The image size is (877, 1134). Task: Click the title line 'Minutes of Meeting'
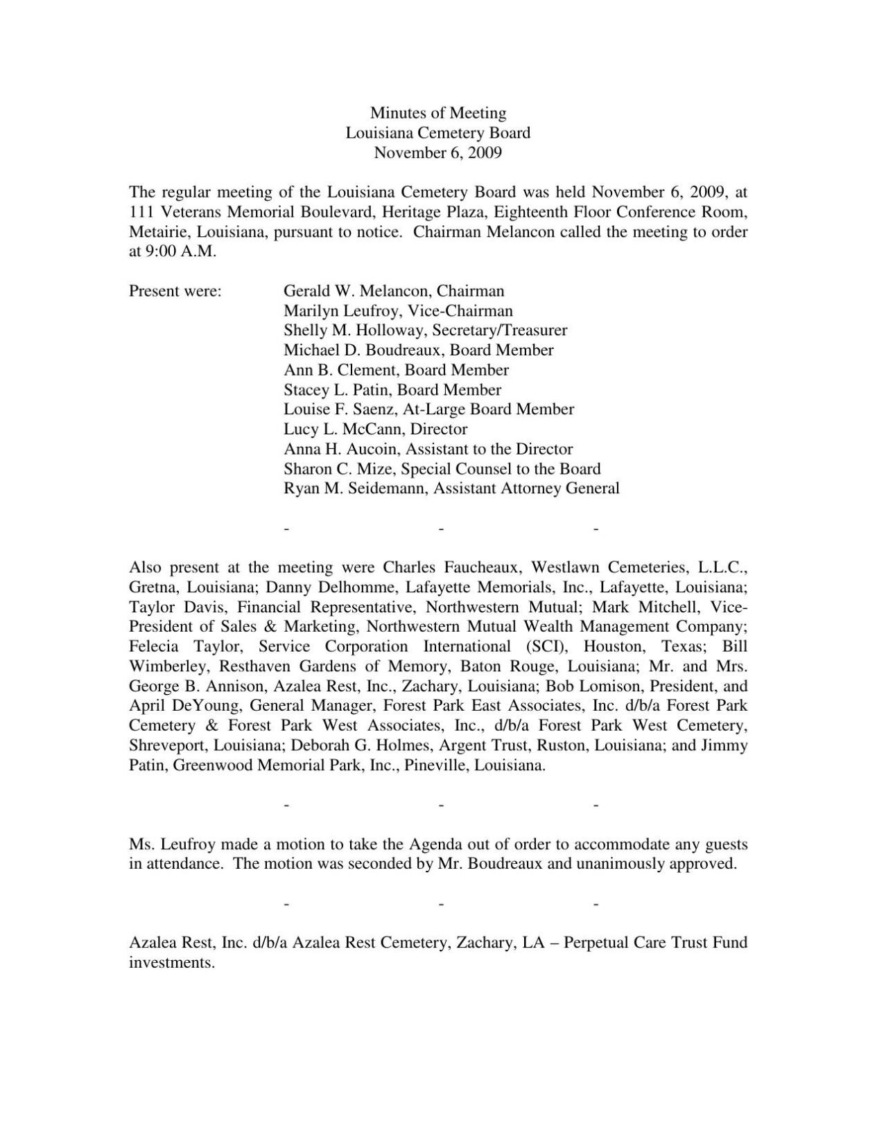438,113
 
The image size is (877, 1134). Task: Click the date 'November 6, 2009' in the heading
438,152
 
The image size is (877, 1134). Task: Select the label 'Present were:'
175,291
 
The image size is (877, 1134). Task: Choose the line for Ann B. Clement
396,370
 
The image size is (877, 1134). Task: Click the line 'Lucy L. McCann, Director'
375,429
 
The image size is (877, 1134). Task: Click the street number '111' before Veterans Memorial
141,212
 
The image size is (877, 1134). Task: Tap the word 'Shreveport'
168,745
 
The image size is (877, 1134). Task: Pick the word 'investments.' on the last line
172,963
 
